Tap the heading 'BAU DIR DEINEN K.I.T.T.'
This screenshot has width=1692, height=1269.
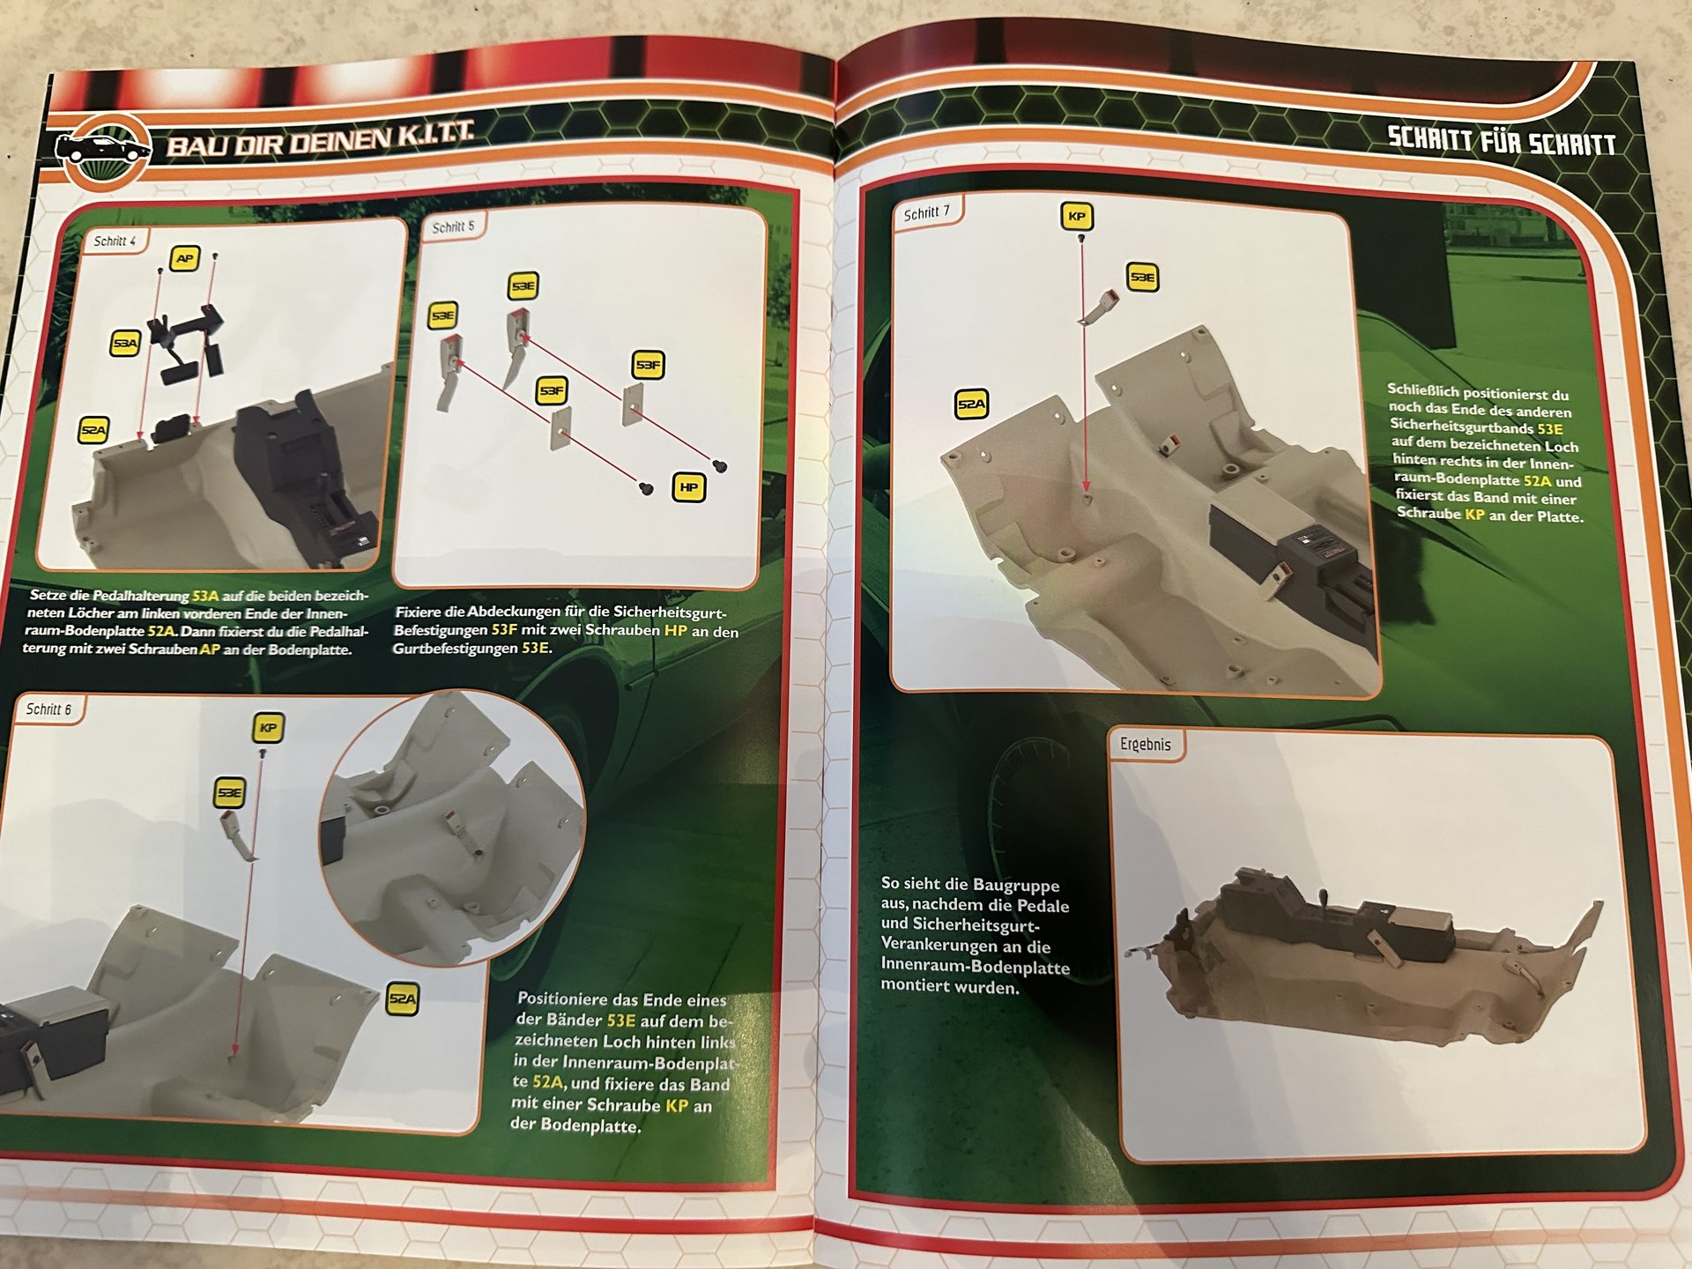[320, 139]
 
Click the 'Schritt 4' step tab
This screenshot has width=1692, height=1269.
[115, 241]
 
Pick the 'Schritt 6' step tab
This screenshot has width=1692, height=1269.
[48, 709]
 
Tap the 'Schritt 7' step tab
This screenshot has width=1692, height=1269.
[927, 212]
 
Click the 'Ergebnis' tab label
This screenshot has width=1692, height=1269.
[1146, 745]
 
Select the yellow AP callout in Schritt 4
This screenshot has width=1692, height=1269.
[184, 258]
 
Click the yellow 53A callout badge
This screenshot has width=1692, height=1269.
[125, 343]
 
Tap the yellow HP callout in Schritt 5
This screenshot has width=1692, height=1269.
[689, 487]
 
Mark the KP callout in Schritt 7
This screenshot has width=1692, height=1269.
[1076, 216]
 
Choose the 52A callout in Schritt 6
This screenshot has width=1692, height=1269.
[403, 999]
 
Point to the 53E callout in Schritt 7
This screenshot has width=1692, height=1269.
[1142, 277]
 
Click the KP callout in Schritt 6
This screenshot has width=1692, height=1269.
[268, 728]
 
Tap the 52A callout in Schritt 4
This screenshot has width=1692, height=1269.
[93, 430]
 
